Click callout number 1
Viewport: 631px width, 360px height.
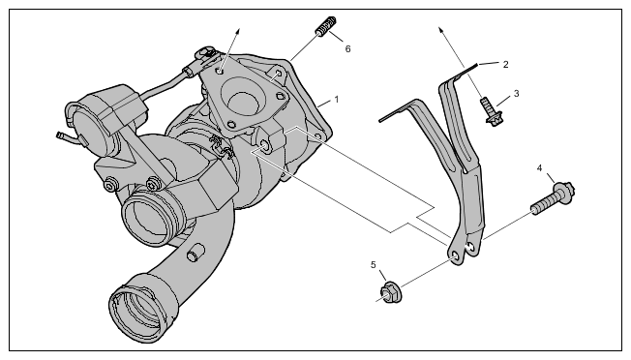click(x=337, y=99)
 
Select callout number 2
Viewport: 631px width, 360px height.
click(x=505, y=65)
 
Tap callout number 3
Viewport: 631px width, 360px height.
click(x=516, y=94)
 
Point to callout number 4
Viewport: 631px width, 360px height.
click(x=540, y=168)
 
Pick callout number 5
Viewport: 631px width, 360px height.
click(x=373, y=264)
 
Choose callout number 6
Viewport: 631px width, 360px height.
click(x=347, y=48)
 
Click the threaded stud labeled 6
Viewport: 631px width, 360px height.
click(x=326, y=26)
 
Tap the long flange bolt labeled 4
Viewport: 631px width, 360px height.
click(x=553, y=197)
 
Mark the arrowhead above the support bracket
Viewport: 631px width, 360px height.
click(x=441, y=30)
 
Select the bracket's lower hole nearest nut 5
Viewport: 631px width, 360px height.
click(x=456, y=257)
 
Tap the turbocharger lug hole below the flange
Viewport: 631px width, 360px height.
click(x=264, y=144)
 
